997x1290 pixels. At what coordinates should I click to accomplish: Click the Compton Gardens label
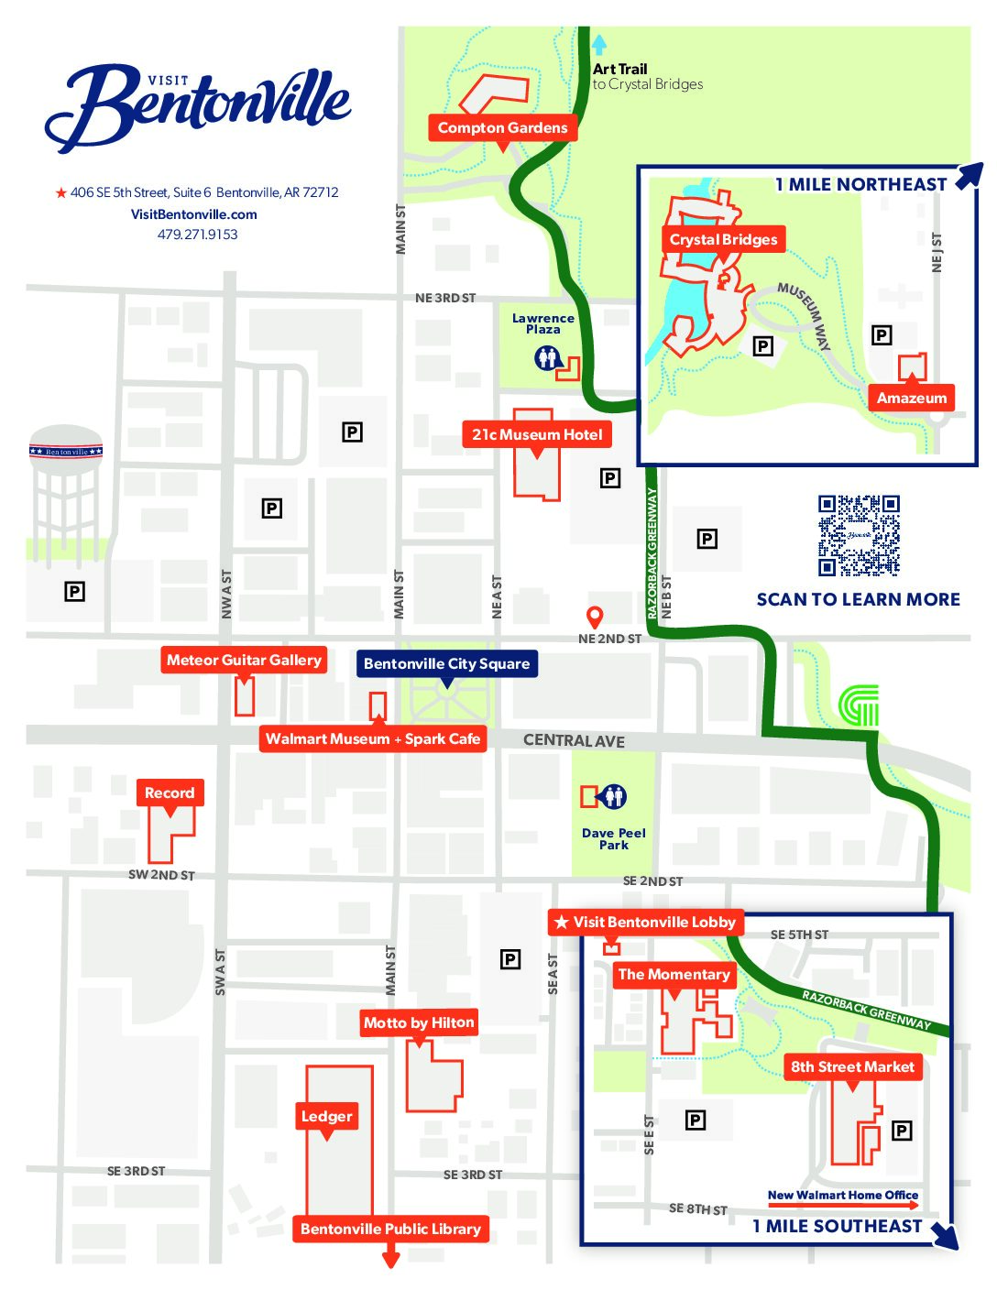point(502,128)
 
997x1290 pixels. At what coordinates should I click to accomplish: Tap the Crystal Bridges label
point(723,240)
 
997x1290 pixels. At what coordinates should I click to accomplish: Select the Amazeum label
point(911,398)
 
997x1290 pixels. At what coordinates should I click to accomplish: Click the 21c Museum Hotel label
point(537,435)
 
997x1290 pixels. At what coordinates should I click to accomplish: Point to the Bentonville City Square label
point(446,664)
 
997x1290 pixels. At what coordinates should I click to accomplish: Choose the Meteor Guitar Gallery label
point(244,661)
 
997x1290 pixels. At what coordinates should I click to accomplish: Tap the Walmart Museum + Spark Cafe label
point(373,739)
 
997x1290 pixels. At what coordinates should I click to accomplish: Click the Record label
point(170,793)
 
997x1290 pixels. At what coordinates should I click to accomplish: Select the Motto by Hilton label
point(419,1023)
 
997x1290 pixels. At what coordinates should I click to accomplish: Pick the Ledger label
point(326,1117)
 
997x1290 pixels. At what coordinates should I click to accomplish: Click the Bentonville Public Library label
point(390,1230)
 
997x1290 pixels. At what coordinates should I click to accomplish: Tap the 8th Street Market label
point(852,1067)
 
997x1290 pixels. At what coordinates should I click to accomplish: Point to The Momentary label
point(674,975)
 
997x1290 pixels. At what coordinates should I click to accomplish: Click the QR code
point(859,536)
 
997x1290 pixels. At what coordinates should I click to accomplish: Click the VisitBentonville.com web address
point(194,214)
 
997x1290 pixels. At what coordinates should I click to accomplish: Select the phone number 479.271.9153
point(197,235)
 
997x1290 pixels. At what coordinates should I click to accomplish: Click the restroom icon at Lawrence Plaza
point(547,357)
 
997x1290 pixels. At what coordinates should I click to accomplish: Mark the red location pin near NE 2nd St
point(595,617)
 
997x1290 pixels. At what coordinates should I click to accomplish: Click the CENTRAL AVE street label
point(574,740)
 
